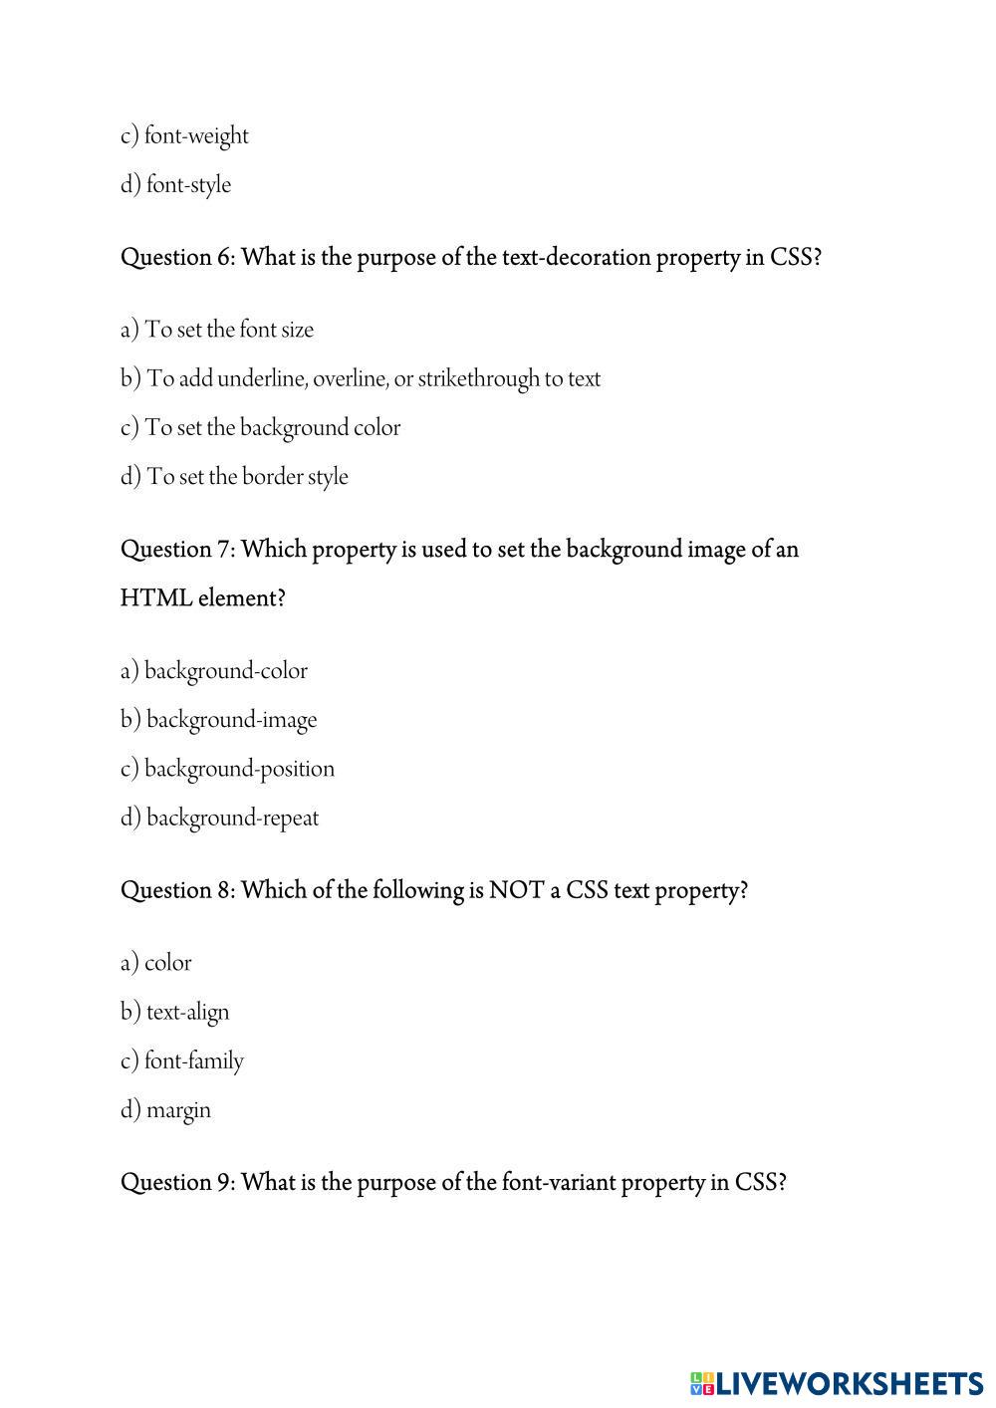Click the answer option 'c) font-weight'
coord(184,135)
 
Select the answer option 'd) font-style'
coord(175,184)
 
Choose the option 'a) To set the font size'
coord(217,330)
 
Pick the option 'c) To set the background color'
coord(260,428)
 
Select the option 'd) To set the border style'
coord(234,477)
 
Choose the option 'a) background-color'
coord(214,671)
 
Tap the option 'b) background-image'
coord(219,720)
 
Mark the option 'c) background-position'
coord(227,769)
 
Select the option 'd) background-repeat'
coord(219,819)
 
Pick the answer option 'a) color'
coord(156,963)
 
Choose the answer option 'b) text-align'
coord(175,1012)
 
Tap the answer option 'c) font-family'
coord(182,1060)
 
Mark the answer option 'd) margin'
coord(166,1109)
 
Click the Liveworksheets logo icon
coord(701,1383)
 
